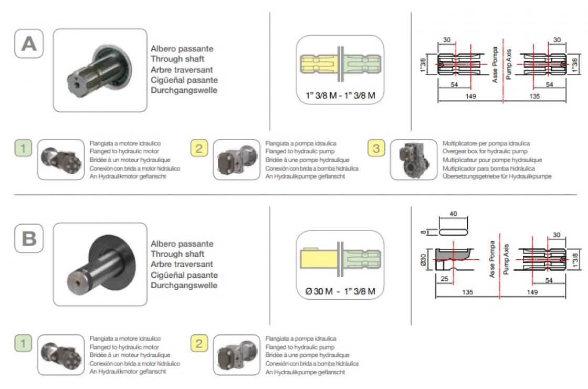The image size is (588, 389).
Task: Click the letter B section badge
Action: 28,239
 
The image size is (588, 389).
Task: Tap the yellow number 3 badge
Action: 375,149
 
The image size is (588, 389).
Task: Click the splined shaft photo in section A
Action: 100,70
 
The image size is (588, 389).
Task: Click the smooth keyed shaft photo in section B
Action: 100,265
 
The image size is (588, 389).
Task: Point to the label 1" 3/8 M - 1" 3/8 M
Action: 340,96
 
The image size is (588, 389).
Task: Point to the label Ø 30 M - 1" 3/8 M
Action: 340,291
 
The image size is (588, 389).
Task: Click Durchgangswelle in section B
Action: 184,286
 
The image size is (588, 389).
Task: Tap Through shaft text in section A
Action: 177,59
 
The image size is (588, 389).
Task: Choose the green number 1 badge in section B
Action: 23,343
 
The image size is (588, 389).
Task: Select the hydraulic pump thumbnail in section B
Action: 236,355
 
